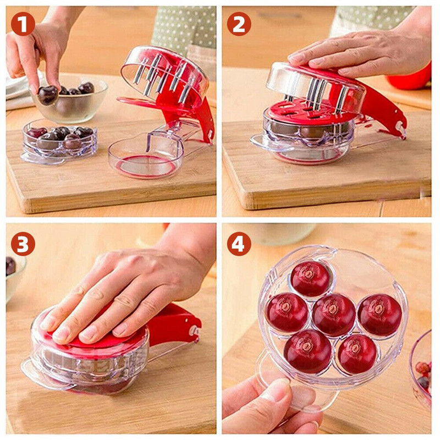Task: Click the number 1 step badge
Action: pos(23,24)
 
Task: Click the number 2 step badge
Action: pos(239,24)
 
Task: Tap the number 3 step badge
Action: pos(23,244)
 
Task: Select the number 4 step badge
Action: pos(239,244)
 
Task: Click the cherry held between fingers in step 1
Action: pos(48,95)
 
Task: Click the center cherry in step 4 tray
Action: pos(334,315)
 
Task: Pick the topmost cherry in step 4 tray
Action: pos(310,278)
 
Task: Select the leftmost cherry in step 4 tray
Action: pos(287,312)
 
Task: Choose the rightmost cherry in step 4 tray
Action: pos(380,315)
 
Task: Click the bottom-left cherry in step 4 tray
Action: pos(308,351)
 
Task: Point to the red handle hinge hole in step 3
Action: pos(194,329)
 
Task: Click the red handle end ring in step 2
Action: pos(400,126)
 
